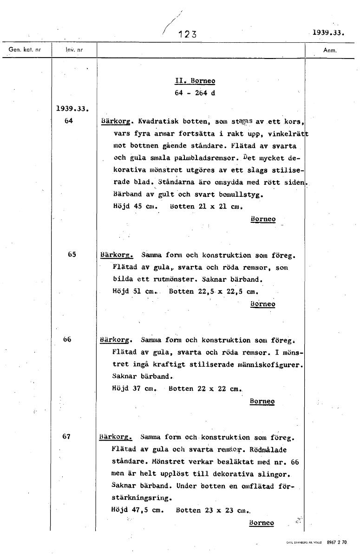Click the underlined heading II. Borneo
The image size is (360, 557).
(x=195, y=81)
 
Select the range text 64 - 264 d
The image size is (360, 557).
(x=195, y=92)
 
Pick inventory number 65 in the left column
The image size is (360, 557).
(x=72, y=254)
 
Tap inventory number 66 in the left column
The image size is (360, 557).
(x=67, y=339)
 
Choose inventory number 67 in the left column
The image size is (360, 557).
(x=66, y=436)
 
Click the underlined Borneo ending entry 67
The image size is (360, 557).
(x=262, y=523)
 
